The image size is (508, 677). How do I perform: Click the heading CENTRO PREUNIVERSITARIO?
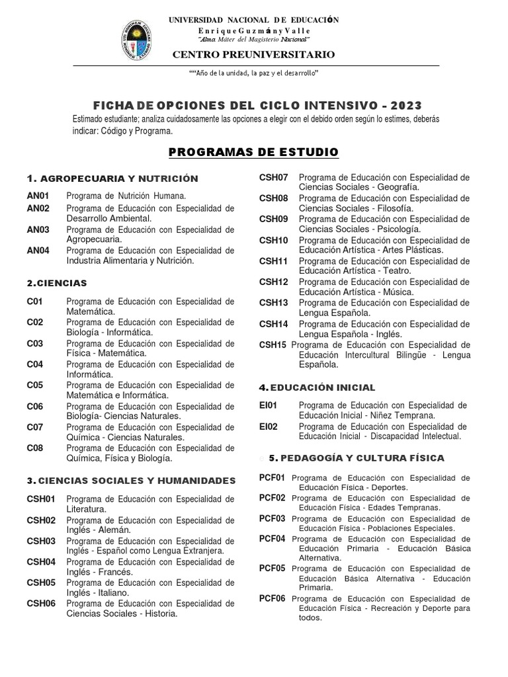coord(253,54)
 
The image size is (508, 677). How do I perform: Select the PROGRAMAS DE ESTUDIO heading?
coord(253,153)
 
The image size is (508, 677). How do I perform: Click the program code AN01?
coord(38,196)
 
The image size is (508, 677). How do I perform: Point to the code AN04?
coord(38,251)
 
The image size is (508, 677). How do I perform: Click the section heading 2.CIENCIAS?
coord(57,283)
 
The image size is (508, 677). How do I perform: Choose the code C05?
coord(35,385)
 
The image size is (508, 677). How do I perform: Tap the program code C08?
coord(35,448)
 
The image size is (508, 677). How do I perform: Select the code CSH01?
coord(41,499)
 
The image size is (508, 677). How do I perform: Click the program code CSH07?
coord(273,177)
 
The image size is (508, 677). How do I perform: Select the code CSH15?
coord(273,344)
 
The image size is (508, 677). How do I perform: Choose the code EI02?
coord(269,426)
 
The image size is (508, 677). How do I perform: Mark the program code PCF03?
coord(273,519)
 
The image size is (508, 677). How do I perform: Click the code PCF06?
coord(273,598)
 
